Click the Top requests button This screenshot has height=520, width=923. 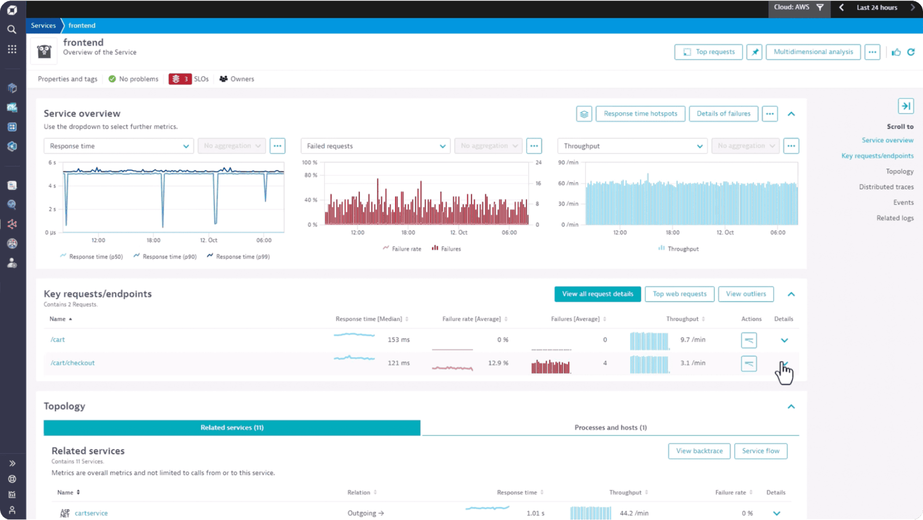pos(708,52)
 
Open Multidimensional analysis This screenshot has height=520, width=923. pos(813,52)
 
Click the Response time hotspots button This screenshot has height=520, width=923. pos(640,114)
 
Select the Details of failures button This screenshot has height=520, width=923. pos(723,114)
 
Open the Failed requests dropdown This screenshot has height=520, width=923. pos(375,146)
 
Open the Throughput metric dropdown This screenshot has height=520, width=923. pos(632,146)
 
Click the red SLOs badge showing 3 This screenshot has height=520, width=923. pos(180,79)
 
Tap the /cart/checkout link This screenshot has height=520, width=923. pos(72,363)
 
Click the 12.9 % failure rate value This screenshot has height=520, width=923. pos(498,363)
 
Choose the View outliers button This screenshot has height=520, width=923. pos(746,294)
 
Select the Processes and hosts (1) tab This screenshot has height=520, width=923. pos(610,428)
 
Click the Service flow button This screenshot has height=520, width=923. pos(760,451)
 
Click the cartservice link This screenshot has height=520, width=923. pos(91,513)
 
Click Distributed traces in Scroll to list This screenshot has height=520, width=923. pos(886,187)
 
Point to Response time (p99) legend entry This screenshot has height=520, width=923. pos(242,257)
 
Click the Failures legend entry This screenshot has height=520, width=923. pos(450,249)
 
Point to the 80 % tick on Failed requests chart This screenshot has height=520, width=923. pos(311,175)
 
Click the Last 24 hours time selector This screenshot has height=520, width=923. pos(876,7)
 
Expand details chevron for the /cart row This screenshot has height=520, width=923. pos(784,340)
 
